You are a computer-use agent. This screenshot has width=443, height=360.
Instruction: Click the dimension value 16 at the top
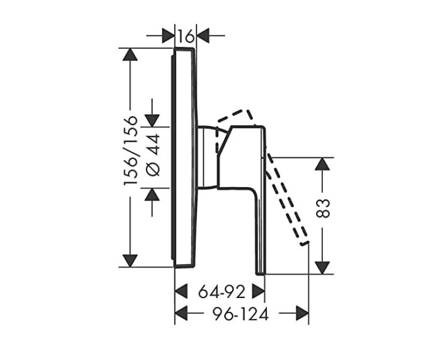pos(186,36)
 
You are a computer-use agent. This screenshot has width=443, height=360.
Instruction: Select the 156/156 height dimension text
pos(131,151)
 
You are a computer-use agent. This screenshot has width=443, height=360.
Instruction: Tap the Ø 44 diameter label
pos(153,155)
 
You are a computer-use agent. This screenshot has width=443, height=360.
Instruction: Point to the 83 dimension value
pos(323,208)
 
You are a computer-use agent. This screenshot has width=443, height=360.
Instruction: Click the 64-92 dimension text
pos(221,292)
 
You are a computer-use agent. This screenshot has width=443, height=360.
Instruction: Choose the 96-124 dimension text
pos(240,313)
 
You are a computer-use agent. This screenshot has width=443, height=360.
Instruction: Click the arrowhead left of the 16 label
pos(168,36)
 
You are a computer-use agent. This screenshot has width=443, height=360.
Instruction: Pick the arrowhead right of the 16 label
pos(203,36)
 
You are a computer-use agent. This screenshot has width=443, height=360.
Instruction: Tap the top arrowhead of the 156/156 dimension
pos(130,54)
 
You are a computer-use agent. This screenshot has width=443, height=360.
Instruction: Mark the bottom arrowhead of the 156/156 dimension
pos(130,260)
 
